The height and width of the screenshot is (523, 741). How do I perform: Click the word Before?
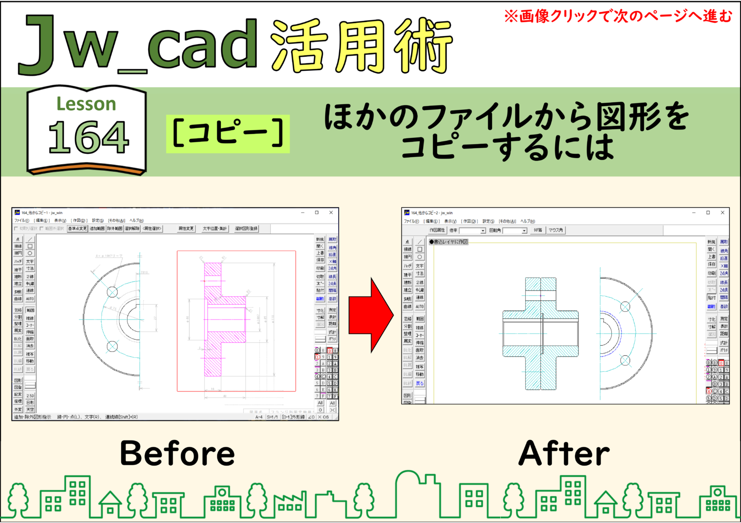(177, 453)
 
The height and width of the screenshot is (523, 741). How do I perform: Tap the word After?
(564, 453)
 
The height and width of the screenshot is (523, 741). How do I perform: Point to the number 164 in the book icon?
(88, 137)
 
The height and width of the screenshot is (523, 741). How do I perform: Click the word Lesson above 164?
(86, 104)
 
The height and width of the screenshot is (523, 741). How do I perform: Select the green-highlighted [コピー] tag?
(228, 134)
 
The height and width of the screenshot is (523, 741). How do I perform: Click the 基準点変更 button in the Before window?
(77, 228)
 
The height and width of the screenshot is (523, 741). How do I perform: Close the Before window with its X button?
(331, 213)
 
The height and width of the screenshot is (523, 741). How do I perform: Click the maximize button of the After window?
(708, 213)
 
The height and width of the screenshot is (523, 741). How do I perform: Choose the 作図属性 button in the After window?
(437, 230)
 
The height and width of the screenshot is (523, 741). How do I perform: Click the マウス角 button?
(556, 230)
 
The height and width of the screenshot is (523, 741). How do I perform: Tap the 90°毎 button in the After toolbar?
(537, 230)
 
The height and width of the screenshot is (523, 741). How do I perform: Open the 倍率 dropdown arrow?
(482, 231)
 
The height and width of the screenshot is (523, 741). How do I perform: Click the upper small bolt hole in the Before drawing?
(112, 292)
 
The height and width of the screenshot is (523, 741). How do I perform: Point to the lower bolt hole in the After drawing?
(625, 360)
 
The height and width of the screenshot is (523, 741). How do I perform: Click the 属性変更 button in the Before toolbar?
(186, 228)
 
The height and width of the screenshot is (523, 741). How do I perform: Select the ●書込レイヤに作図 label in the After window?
(449, 241)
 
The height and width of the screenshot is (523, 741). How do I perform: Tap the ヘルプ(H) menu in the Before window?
(137, 220)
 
